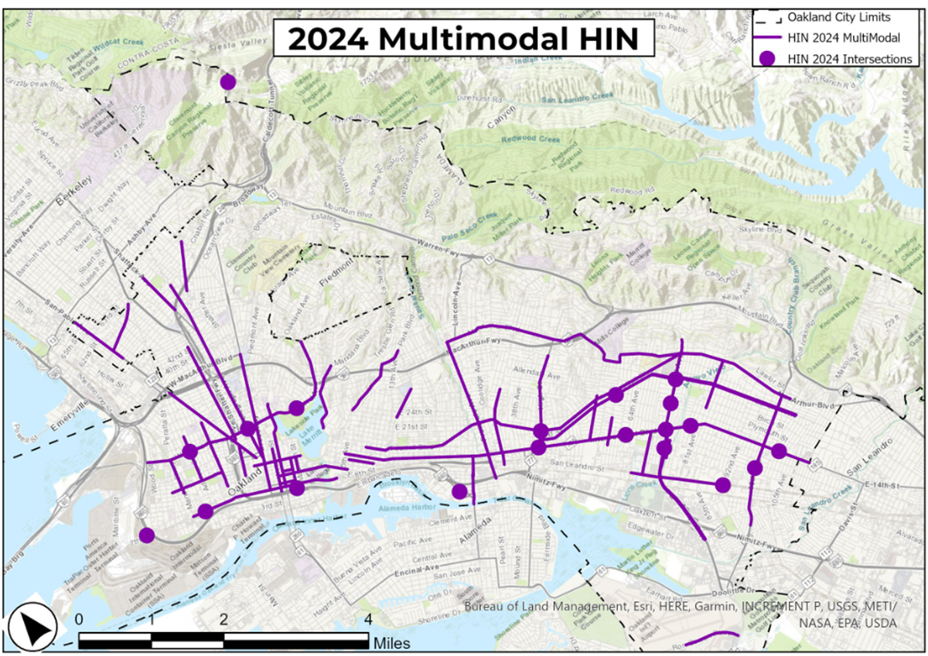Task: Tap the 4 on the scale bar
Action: point(367,620)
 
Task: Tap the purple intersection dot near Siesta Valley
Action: point(228,82)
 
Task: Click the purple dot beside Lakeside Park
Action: point(296,408)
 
